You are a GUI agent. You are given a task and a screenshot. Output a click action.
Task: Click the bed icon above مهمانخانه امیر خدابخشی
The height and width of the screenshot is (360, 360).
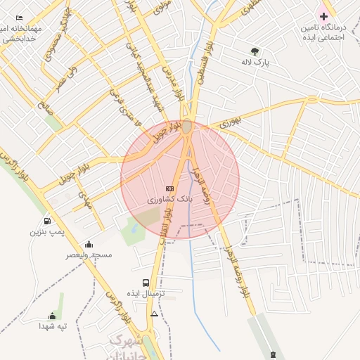(19, 17)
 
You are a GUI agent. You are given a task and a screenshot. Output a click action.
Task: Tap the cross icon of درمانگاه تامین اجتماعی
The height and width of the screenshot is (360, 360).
(323, 15)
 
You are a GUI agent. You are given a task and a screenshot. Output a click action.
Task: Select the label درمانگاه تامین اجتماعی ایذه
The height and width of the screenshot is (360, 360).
(323, 32)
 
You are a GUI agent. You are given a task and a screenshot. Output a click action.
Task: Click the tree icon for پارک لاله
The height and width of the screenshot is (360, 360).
(255, 51)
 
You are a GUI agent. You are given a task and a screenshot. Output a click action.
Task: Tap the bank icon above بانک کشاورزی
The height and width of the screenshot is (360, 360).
(169, 188)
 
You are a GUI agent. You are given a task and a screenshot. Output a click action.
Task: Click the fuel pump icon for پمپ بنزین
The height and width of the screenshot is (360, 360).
(47, 221)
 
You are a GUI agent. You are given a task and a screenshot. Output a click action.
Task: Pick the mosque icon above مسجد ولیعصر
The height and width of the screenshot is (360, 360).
(89, 245)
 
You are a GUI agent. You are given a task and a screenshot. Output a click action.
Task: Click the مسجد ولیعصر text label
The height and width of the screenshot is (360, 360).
(89, 255)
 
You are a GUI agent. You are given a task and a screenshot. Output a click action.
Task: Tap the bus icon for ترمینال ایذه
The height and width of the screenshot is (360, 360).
(146, 283)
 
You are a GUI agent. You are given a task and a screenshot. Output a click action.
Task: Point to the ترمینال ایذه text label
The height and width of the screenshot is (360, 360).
(145, 292)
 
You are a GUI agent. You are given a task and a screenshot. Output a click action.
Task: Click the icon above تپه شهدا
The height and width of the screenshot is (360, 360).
(52, 316)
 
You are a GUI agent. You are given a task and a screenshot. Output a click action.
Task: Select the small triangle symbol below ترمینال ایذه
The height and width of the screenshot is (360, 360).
(154, 313)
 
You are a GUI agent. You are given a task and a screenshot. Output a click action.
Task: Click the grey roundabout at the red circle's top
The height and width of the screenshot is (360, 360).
(186, 127)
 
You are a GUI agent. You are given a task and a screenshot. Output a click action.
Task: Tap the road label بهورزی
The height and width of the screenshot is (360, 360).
(230, 121)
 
